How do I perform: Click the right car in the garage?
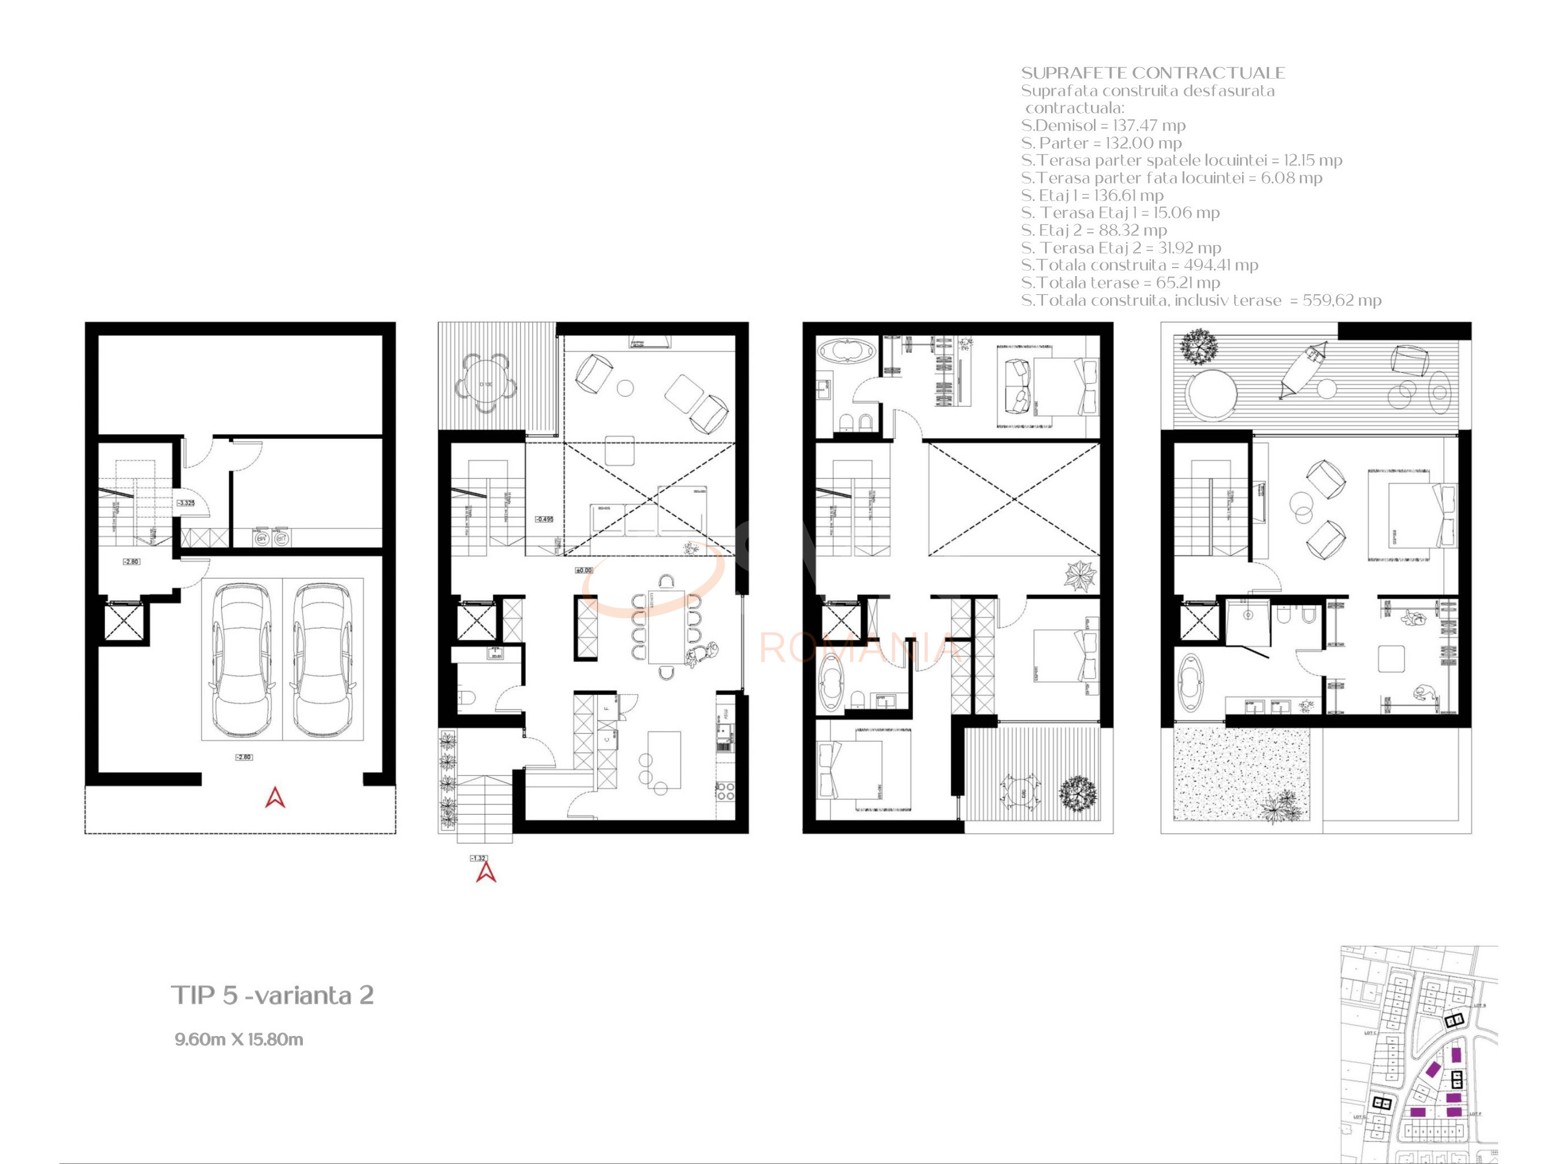point(323,660)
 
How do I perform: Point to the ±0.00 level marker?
point(584,570)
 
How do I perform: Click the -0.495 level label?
point(544,519)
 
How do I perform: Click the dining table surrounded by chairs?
point(666,627)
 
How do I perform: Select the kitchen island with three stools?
point(664,760)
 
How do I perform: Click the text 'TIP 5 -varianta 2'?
point(272,995)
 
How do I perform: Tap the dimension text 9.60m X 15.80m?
point(239,1039)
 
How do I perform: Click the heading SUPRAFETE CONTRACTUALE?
point(1153,73)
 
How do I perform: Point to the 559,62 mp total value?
point(1342,301)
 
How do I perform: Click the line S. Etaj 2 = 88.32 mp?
point(1094,230)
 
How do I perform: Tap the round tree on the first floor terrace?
point(1077,793)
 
